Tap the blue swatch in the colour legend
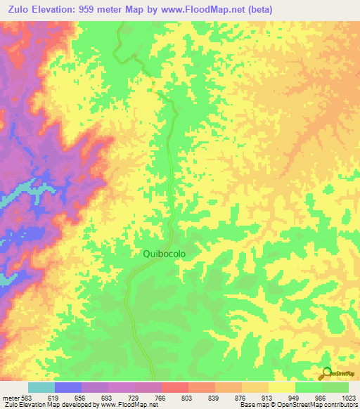[x=68, y=387]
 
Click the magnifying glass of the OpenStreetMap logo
[x=326, y=372]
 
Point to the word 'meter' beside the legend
[x=11, y=398]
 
